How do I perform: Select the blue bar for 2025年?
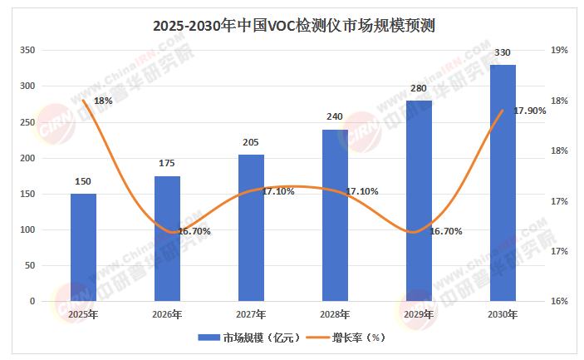[x=83, y=247]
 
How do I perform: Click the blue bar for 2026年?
[x=167, y=238]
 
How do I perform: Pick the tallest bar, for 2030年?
[x=503, y=182]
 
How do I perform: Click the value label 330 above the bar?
[x=503, y=53]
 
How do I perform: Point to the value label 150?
[x=83, y=181]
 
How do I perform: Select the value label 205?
[x=251, y=142]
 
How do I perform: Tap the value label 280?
[x=418, y=88]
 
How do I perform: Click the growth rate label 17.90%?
[x=530, y=111]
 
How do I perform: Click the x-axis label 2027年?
[x=251, y=314]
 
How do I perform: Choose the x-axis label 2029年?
[x=418, y=314]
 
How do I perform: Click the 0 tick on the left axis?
[x=32, y=301]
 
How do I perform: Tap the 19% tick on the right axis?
[x=559, y=51]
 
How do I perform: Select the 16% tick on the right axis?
[x=559, y=301]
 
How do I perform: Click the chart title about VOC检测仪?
[x=294, y=26]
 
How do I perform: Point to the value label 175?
[x=167, y=163]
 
